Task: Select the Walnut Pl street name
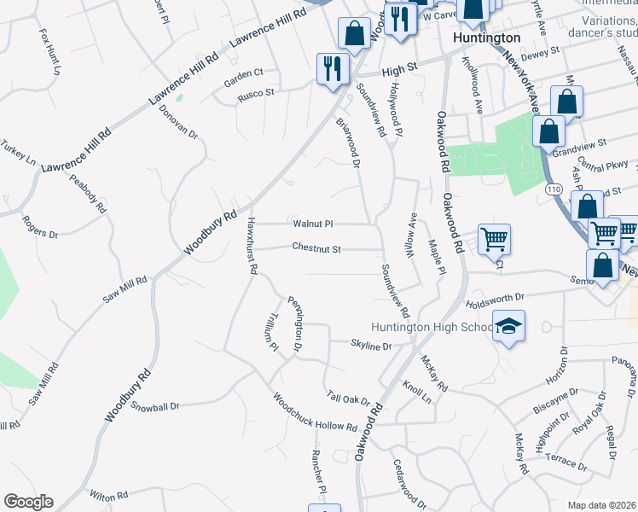[x=312, y=224]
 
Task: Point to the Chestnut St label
[x=316, y=249]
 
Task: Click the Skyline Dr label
[x=370, y=346]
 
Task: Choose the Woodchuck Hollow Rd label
[x=315, y=413]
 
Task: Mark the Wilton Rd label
[x=108, y=495]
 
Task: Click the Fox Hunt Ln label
[x=50, y=50]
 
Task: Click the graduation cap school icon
[x=509, y=326]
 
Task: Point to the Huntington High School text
[x=432, y=327]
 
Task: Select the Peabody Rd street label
[x=88, y=194]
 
